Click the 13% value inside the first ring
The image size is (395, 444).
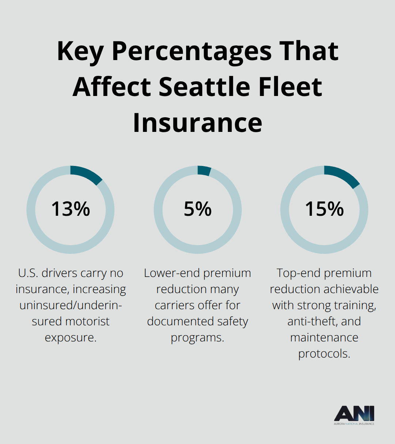pyautogui.click(x=70, y=209)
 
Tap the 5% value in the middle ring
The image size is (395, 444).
pyautogui.click(x=197, y=209)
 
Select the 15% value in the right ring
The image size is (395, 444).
pyautogui.click(x=324, y=209)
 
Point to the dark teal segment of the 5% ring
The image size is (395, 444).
pyautogui.click(x=204, y=171)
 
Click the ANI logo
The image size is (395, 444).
pyautogui.click(x=354, y=415)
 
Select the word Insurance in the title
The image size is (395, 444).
pyautogui.click(x=197, y=122)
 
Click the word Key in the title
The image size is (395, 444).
pyautogui.click(x=80, y=51)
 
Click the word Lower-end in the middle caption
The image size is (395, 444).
pyautogui.click(x=172, y=273)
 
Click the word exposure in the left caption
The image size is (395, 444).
pyautogui.click(x=70, y=337)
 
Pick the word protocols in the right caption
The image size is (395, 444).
pyautogui.click(x=324, y=354)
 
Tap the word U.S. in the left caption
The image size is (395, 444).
pyautogui.click(x=28, y=273)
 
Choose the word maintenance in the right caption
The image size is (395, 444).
pyautogui.click(x=324, y=337)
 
